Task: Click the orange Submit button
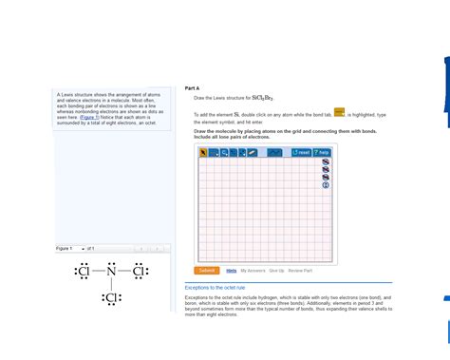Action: coord(207,271)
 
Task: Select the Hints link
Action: coord(232,271)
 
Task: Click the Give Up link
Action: coord(275,271)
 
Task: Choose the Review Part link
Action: coord(301,271)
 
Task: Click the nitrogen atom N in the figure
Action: coord(111,273)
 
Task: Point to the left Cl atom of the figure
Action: coord(83,273)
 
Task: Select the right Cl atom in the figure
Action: coord(139,273)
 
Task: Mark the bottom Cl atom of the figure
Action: coord(110,299)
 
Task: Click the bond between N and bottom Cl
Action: coord(111,286)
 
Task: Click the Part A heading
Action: coord(191,87)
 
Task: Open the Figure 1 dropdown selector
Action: coord(70,248)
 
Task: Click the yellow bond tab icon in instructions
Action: coord(339,112)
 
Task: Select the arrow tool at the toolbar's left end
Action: coord(203,152)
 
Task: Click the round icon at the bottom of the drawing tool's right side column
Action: coord(326,184)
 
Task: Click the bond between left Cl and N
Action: coord(97,273)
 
